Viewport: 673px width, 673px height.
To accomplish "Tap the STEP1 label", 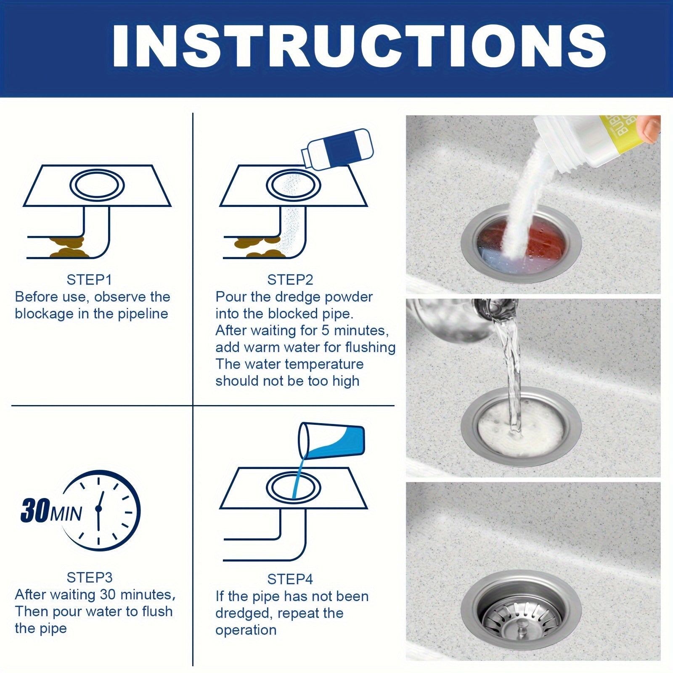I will [x=89, y=280].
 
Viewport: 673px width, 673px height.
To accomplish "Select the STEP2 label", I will [x=290, y=280].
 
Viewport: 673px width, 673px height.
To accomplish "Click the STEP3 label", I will [x=89, y=578].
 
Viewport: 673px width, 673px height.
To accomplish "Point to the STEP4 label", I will [x=290, y=579].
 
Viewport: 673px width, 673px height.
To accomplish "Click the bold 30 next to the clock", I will [x=35, y=511].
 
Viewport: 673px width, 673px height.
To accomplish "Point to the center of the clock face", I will [x=99, y=509].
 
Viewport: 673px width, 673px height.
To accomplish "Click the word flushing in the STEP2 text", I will [x=371, y=347].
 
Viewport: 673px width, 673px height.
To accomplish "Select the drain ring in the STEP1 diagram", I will [x=97, y=185].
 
